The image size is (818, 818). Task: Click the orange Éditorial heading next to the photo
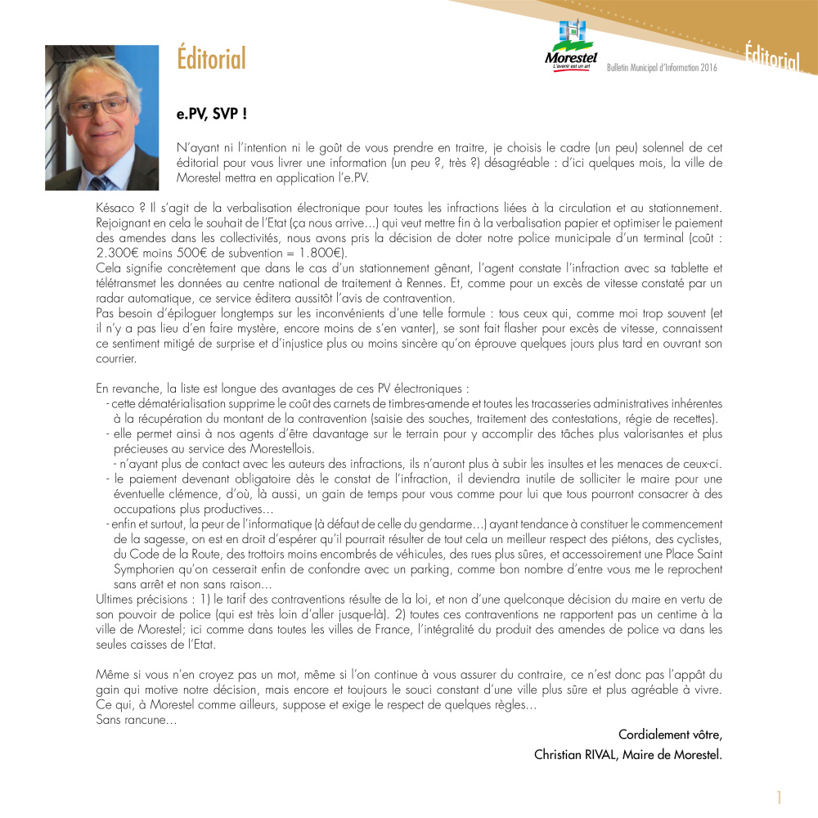coord(211,60)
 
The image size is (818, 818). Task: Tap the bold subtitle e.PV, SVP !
coord(213,115)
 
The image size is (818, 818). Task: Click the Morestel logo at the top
coord(571,47)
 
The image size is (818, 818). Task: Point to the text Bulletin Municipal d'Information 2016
coord(662,68)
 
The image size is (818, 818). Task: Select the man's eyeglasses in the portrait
coord(97,106)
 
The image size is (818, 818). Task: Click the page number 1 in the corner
coord(780,798)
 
